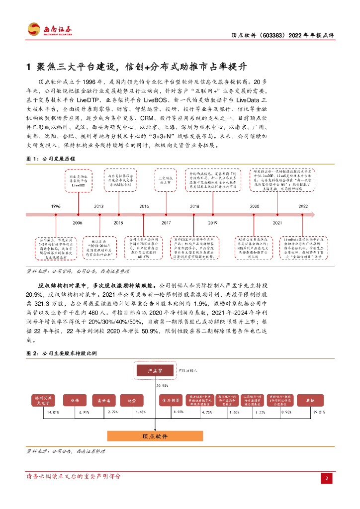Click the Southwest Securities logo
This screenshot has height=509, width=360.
click(49, 29)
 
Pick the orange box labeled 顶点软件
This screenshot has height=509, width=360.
click(155, 436)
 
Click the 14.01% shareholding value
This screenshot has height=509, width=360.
click(53, 412)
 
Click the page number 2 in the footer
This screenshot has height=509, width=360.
click(327, 478)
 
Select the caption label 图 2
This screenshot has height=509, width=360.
click(31, 352)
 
